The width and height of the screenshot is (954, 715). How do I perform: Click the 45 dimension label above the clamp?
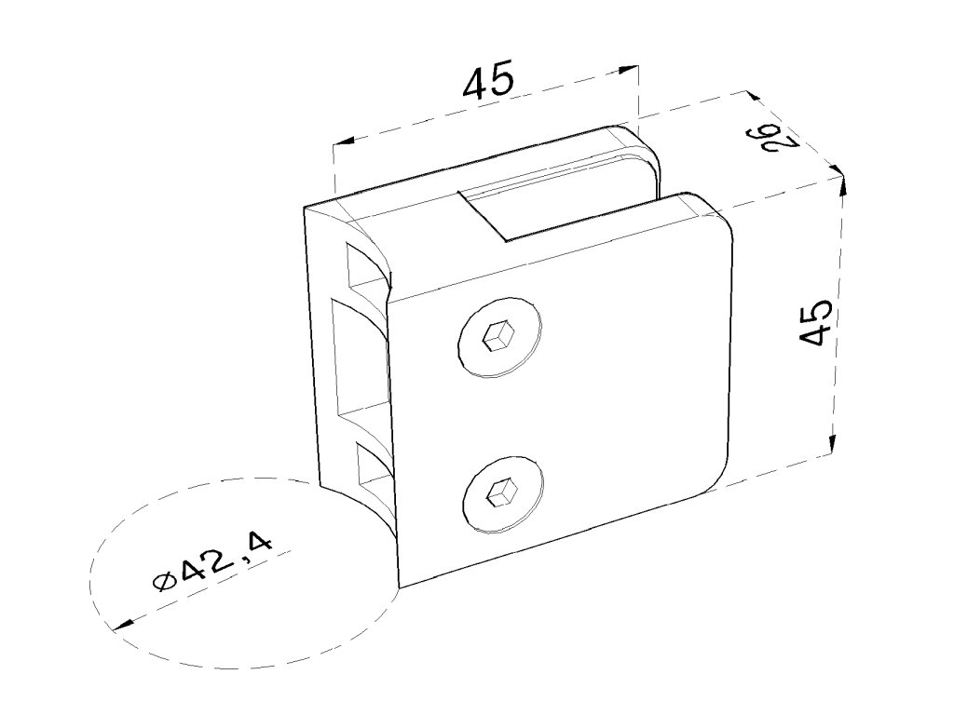point(488,82)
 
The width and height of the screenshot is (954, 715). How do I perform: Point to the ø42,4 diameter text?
point(213,562)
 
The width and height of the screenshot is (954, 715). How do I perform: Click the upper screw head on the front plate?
point(500,338)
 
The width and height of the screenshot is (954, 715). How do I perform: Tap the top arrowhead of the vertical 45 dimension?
point(842,182)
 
